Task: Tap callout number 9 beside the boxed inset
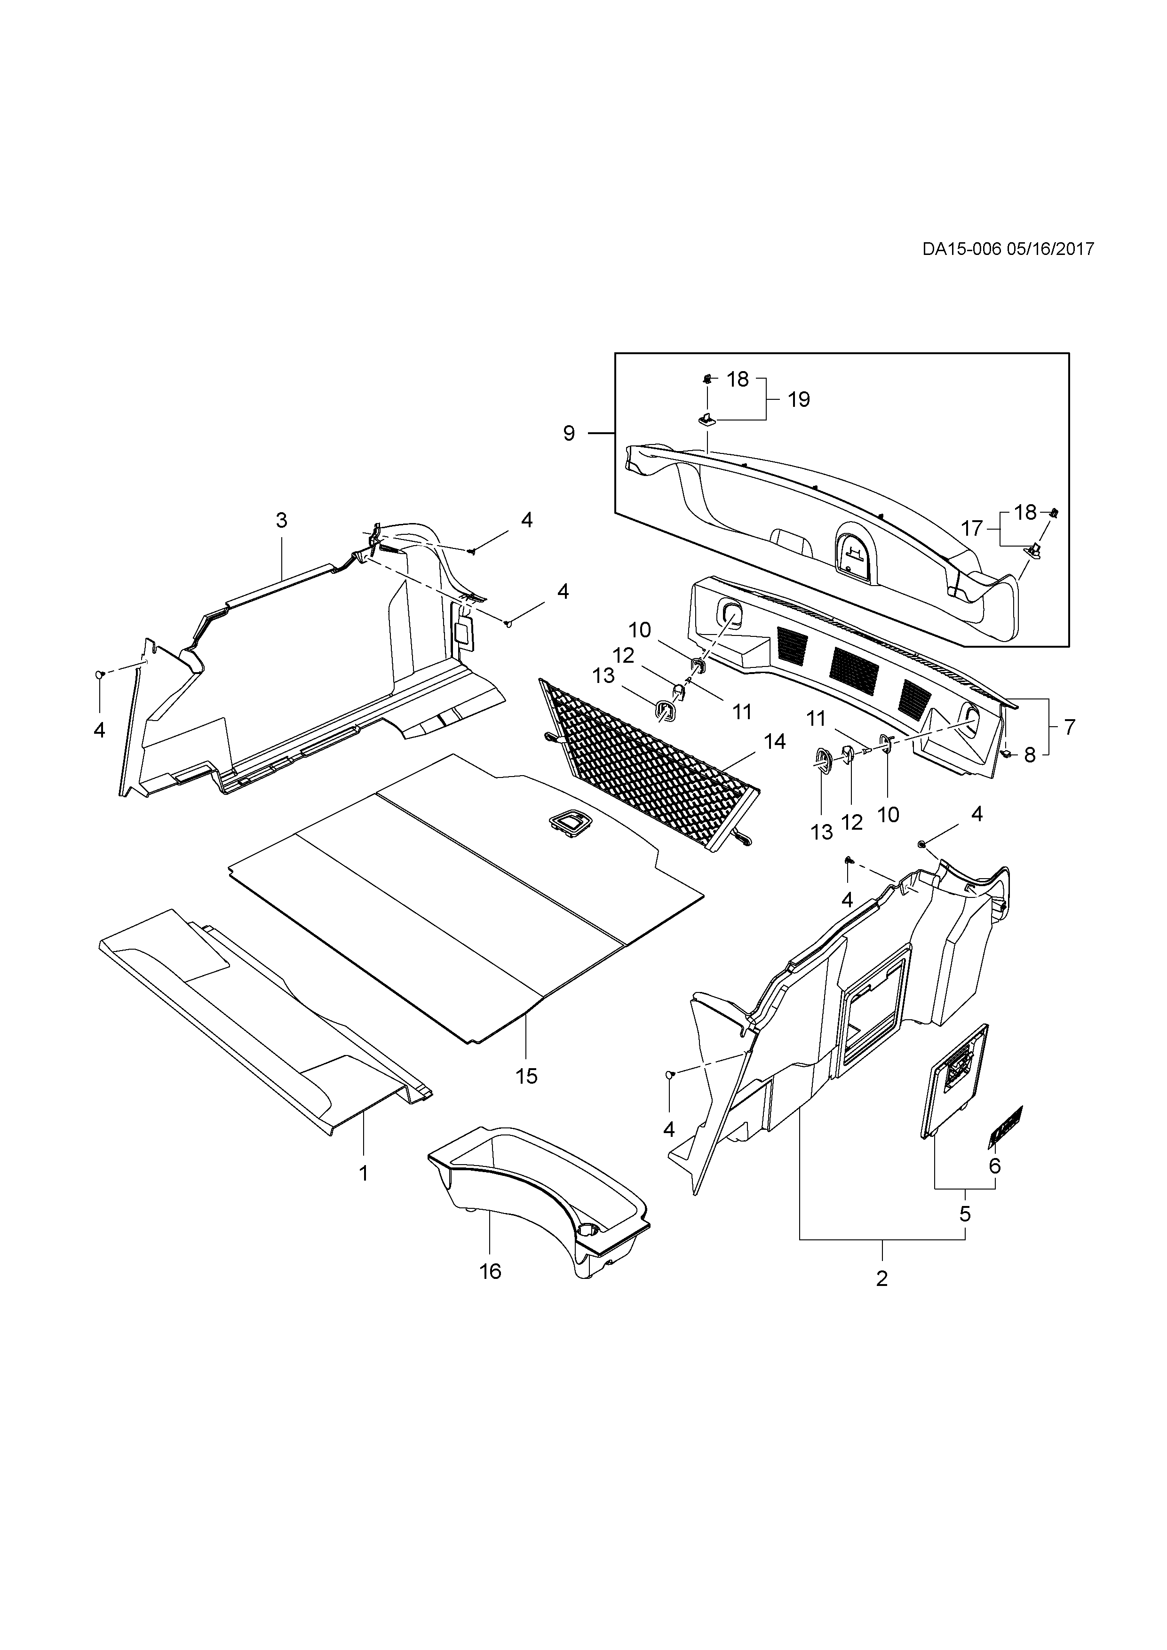click(569, 433)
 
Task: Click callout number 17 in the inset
click(971, 529)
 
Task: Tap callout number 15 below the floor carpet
click(527, 1096)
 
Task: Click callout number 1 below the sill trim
click(364, 1174)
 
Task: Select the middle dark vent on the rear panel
click(854, 665)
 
